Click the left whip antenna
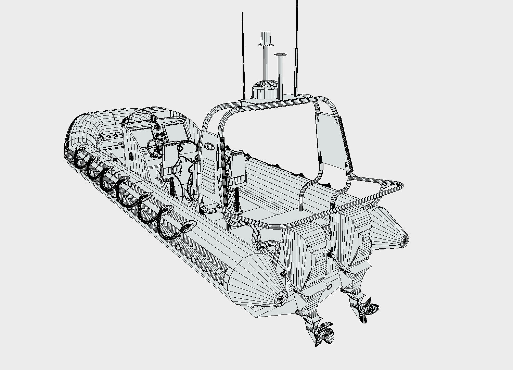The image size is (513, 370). pos(243,55)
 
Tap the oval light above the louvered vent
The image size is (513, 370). pos(208,147)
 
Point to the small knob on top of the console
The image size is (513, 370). pos(153,119)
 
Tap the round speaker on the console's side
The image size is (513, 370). pos(131,156)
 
